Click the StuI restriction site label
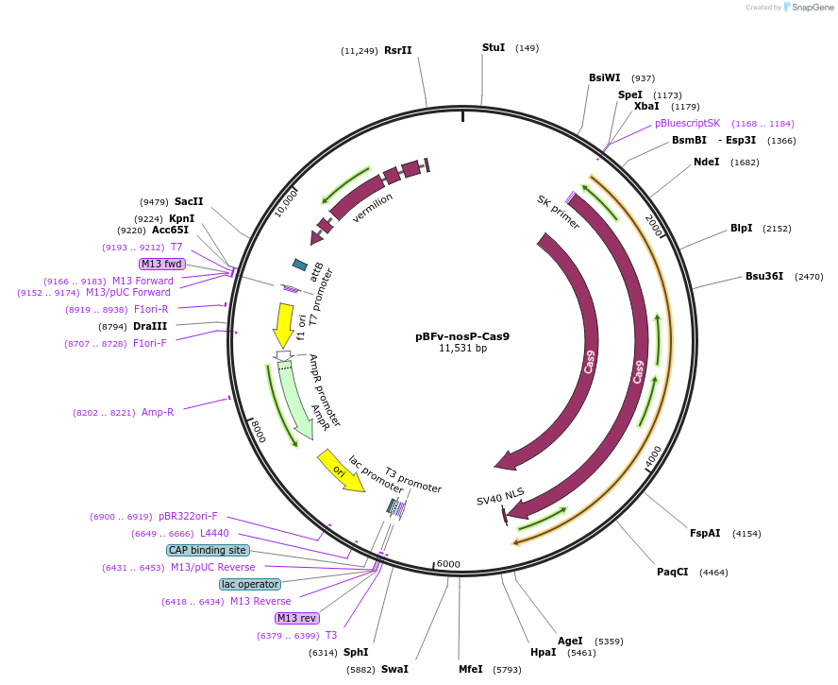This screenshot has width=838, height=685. (x=494, y=47)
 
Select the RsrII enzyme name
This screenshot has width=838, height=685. (x=397, y=50)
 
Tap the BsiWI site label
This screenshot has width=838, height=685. (x=605, y=78)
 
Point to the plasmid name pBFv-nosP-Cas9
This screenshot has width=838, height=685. (x=462, y=335)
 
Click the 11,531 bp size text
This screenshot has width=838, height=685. (x=462, y=348)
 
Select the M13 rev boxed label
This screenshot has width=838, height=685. (x=297, y=618)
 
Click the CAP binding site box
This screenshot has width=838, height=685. (x=208, y=550)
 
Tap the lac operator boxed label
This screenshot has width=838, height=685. (x=250, y=584)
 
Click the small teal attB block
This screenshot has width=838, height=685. (x=300, y=265)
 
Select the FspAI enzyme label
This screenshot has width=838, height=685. (x=705, y=534)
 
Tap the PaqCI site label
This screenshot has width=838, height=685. (x=673, y=572)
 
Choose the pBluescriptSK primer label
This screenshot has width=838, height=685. (x=687, y=123)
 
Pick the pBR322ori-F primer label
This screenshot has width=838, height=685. (x=188, y=517)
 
